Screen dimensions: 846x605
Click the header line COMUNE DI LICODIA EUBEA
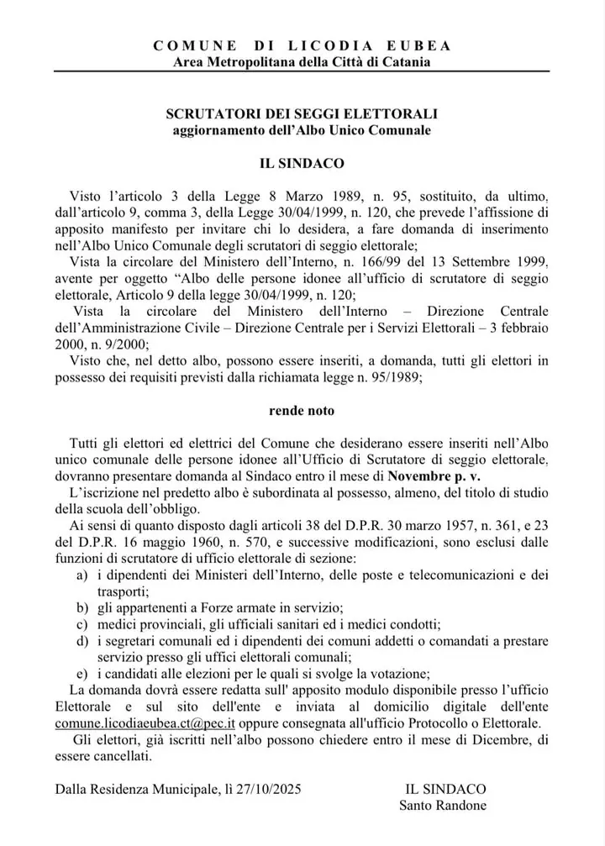click(x=302, y=46)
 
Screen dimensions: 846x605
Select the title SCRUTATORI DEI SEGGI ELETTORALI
click(x=302, y=114)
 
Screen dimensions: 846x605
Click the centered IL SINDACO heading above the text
click(x=302, y=157)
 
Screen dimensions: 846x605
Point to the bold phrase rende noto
click(x=302, y=411)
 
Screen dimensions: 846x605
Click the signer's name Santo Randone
click(x=445, y=806)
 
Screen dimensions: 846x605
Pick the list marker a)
click(x=82, y=575)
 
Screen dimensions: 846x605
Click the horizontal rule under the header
click(x=302, y=73)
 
